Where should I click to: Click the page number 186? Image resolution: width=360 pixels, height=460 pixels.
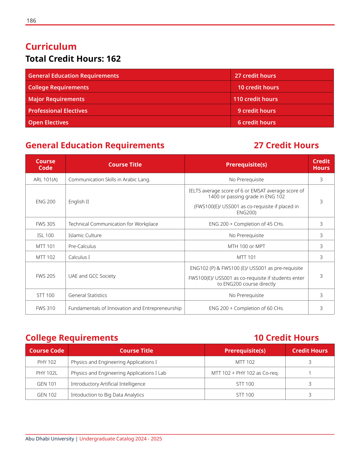pyautogui.click(x=31, y=21)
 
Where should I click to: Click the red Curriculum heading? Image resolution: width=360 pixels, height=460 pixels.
pyautogui.click(x=51, y=47)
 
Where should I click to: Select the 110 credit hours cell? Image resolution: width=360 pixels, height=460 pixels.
pyautogui.click(x=255, y=99)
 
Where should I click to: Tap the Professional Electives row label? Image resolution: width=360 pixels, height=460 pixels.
pyautogui.click(x=58, y=111)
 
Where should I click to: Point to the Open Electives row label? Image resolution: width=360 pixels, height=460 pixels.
pyautogui.click(x=48, y=122)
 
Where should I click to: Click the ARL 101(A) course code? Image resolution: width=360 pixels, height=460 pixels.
pyautogui.click(x=45, y=179)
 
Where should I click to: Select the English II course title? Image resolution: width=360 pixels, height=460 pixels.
pyautogui.click(x=79, y=202)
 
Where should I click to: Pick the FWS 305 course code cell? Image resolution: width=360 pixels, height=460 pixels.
pyautogui.click(x=45, y=224)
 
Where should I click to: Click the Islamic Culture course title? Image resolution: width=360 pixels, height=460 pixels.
pyautogui.click(x=85, y=235)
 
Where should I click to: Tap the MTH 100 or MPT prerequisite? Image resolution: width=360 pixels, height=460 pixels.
pyautogui.click(x=246, y=246)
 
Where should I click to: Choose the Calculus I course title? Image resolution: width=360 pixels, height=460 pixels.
pyautogui.click(x=79, y=257)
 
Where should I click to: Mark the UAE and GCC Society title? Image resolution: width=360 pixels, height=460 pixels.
pyautogui.click(x=92, y=276)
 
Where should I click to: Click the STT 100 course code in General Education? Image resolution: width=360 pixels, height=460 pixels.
pyautogui.click(x=45, y=295)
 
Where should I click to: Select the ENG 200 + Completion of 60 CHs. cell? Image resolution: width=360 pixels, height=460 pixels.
pyautogui.click(x=246, y=308)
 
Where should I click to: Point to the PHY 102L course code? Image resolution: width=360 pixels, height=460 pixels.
pyautogui.click(x=47, y=373)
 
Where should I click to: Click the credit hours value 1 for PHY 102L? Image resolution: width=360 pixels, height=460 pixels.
pyautogui.click(x=310, y=373)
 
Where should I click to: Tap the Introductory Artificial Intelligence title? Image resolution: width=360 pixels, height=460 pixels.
pyautogui.click(x=108, y=384)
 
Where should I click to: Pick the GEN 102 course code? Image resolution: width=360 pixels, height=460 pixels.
pyautogui.click(x=47, y=395)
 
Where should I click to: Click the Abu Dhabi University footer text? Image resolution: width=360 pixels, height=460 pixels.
pyautogui.click(x=50, y=439)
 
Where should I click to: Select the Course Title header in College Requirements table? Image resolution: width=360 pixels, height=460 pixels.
pyautogui.click(x=136, y=351)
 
